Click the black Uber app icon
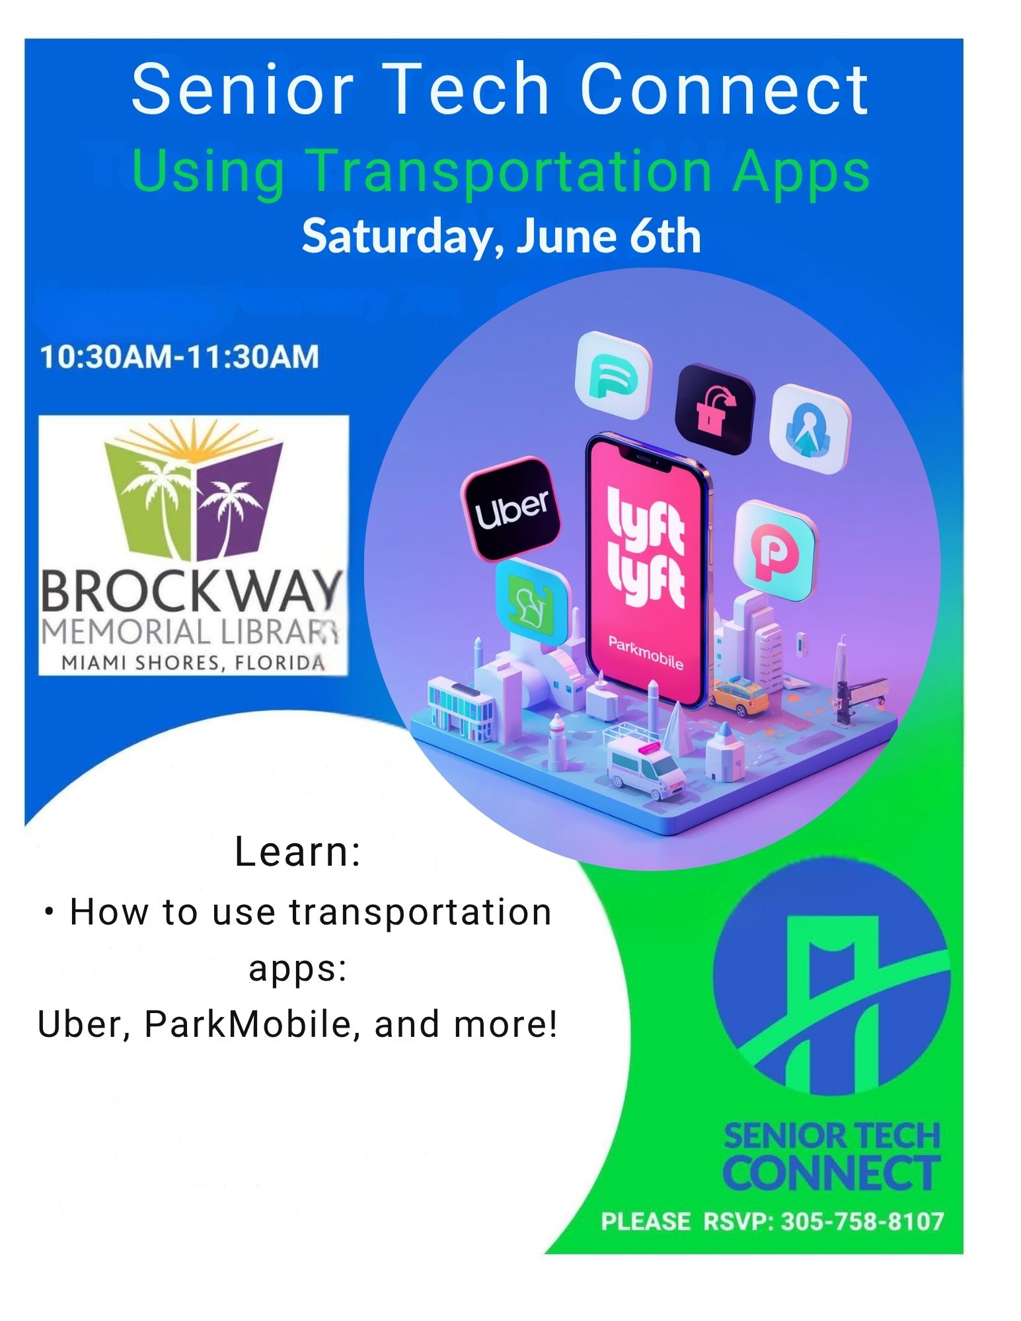510,508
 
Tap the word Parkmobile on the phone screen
645,652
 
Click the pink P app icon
775,550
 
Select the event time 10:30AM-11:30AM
179,357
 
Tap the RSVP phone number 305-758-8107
862,1221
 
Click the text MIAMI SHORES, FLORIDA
193,662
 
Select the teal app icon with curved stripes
613,376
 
